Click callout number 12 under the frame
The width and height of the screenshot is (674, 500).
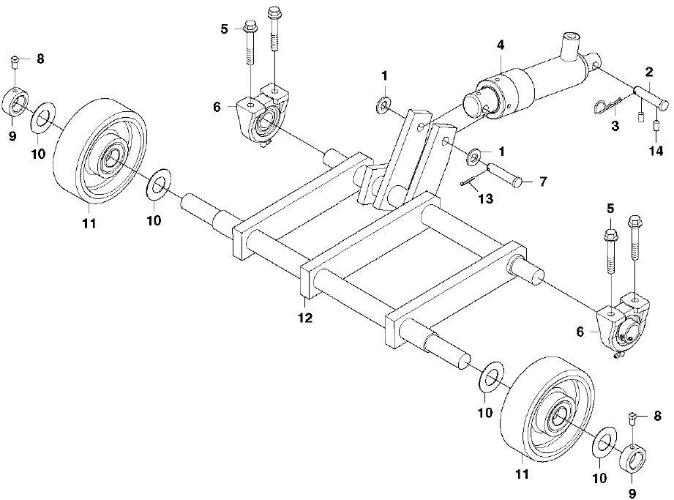304,318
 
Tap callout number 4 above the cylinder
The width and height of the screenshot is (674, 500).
500,45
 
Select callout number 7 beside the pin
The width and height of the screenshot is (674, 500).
542,181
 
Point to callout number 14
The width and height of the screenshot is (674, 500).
656,151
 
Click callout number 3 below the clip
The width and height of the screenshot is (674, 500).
615,127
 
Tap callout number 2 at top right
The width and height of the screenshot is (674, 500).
648,72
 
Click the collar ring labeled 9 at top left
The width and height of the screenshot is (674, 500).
18,101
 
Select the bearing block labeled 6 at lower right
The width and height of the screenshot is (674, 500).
624,324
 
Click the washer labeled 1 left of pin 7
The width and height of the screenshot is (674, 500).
474,155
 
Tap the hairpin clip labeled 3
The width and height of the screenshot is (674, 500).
607,105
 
